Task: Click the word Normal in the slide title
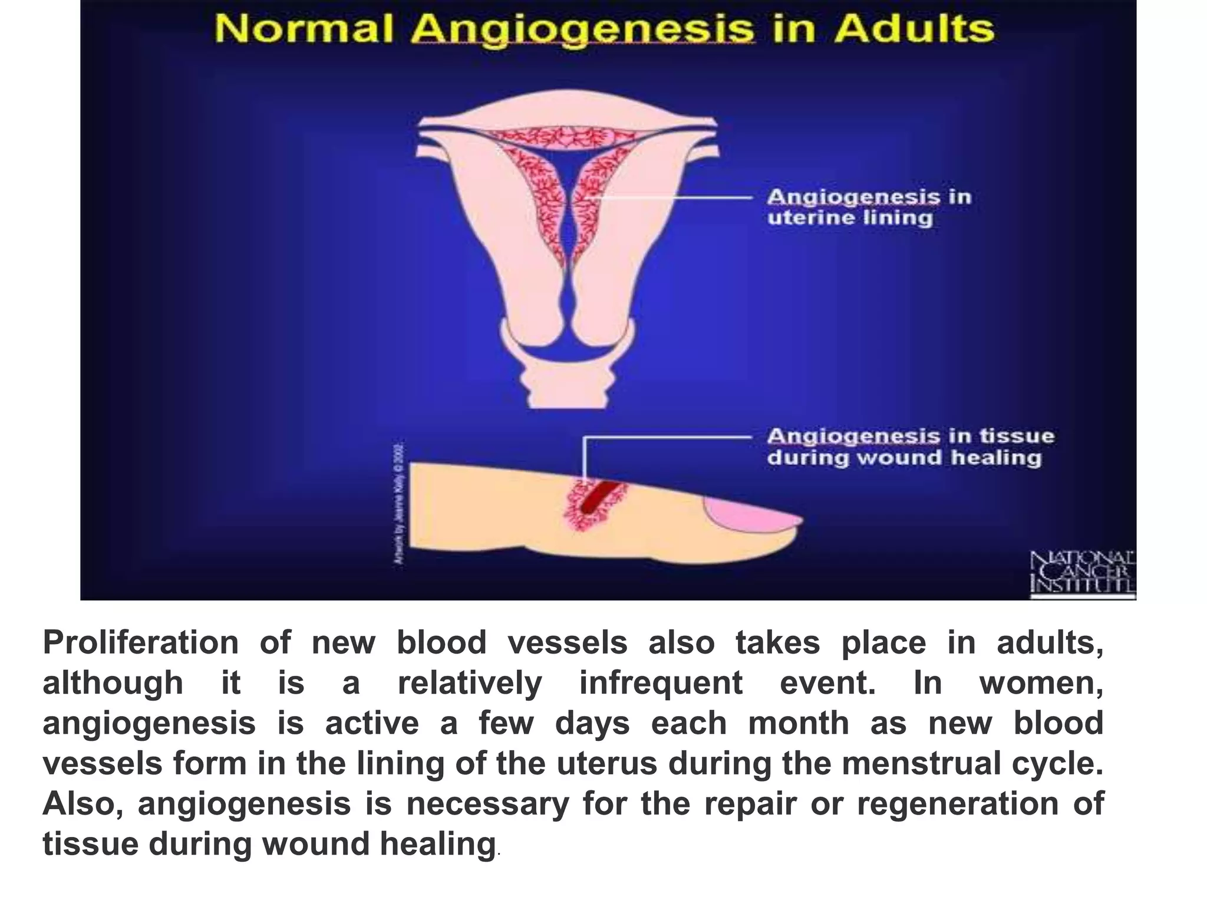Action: (x=304, y=29)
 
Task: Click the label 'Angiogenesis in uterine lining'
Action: (x=868, y=207)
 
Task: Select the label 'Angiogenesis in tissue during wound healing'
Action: (x=910, y=447)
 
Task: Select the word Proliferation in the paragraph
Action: (x=141, y=642)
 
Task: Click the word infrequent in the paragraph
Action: (x=661, y=683)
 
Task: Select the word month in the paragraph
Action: (x=799, y=723)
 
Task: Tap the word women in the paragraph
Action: (x=1040, y=683)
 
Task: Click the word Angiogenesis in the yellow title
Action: (x=583, y=30)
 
